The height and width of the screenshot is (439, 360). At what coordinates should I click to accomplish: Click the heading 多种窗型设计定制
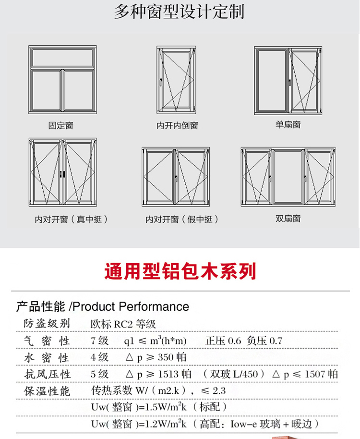tap(179, 12)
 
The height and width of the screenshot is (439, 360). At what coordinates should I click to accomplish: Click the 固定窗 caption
tap(61, 126)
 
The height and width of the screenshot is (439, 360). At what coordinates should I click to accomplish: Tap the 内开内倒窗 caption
tap(177, 126)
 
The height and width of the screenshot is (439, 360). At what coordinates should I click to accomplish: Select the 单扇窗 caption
tap(288, 125)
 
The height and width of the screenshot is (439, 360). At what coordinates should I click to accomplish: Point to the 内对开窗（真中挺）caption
tap(72, 219)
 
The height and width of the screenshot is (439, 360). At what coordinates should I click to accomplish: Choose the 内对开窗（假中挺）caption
tap(182, 219)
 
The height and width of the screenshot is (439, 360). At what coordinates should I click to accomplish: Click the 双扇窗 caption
tap(288, 219)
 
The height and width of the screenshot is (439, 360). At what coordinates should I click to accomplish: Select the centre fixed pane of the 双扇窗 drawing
tap(288, 177)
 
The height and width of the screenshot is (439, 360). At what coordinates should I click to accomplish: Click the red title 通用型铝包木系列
tap(180, 271)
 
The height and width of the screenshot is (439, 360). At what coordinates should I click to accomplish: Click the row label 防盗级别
tap(47, 324)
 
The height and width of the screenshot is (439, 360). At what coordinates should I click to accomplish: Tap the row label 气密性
tap(47, 341)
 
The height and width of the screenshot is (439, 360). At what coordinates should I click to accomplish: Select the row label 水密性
tap(47, 358)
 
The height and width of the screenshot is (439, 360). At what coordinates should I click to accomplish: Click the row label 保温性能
tap(47, 391)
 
